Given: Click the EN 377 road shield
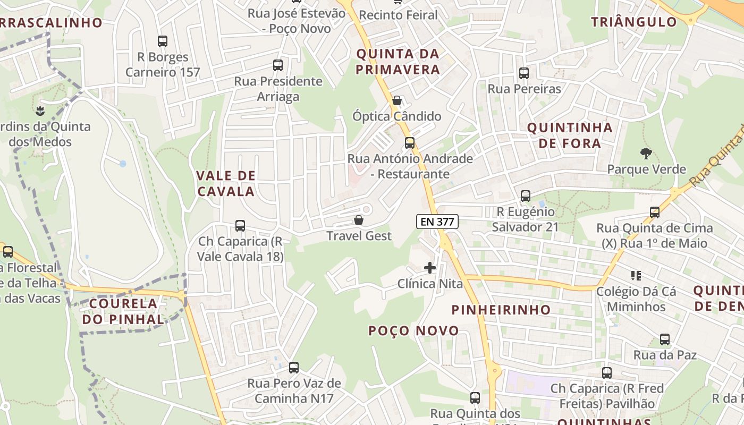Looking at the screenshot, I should (437, 222).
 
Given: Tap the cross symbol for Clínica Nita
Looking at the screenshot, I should (430, 268).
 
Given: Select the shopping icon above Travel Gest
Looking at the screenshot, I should (359, 220).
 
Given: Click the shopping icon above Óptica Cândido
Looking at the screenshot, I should (396, 100).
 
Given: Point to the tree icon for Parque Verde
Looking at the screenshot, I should (646, 154).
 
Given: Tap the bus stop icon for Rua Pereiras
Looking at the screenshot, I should (524, 73).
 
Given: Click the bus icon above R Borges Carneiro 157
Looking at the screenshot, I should (163, 41).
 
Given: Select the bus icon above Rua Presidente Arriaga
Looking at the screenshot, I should (277, 65).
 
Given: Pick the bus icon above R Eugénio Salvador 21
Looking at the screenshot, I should (526, 196).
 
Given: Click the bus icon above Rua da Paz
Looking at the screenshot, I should (664, 339).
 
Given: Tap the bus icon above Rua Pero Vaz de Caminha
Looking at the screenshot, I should (293, 367).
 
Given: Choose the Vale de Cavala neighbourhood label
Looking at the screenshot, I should (226, 183).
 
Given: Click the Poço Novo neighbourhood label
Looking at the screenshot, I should (413, 331).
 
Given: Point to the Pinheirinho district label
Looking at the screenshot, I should (501, 310).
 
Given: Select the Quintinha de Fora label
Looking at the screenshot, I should (570, 135).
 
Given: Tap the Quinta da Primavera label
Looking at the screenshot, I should (398, 62).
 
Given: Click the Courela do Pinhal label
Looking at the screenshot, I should (123, 311).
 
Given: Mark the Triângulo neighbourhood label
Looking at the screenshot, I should (634, 22).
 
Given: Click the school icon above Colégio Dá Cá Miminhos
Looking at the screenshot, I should (636, 276).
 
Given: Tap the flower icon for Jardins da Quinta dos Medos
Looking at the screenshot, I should (39, 110).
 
